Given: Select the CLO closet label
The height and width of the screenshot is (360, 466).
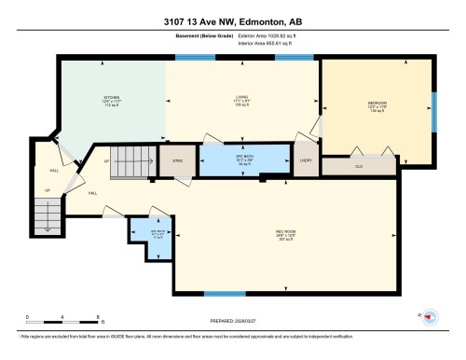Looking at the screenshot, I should (x=358, y=167).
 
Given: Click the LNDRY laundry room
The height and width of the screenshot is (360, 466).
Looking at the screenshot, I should (x=305, y=160).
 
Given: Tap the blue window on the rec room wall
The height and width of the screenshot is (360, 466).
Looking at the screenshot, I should (x=218, y=294).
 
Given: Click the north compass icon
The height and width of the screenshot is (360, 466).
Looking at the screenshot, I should (x=430, y=318).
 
